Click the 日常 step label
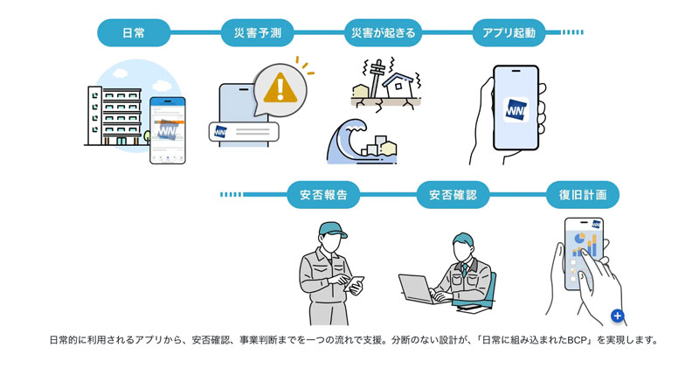[x=134, y=33]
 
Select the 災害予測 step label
[x=258, y=33]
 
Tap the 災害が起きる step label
[x=383, y=33]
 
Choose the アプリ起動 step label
[x=509, y=33]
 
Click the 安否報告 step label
[x=323, y=195]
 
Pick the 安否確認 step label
[x=453, y=195]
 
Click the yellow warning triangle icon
[x=280, y=87]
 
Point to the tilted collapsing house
[x=402, y=86]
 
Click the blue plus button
[x=617, y=316]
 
